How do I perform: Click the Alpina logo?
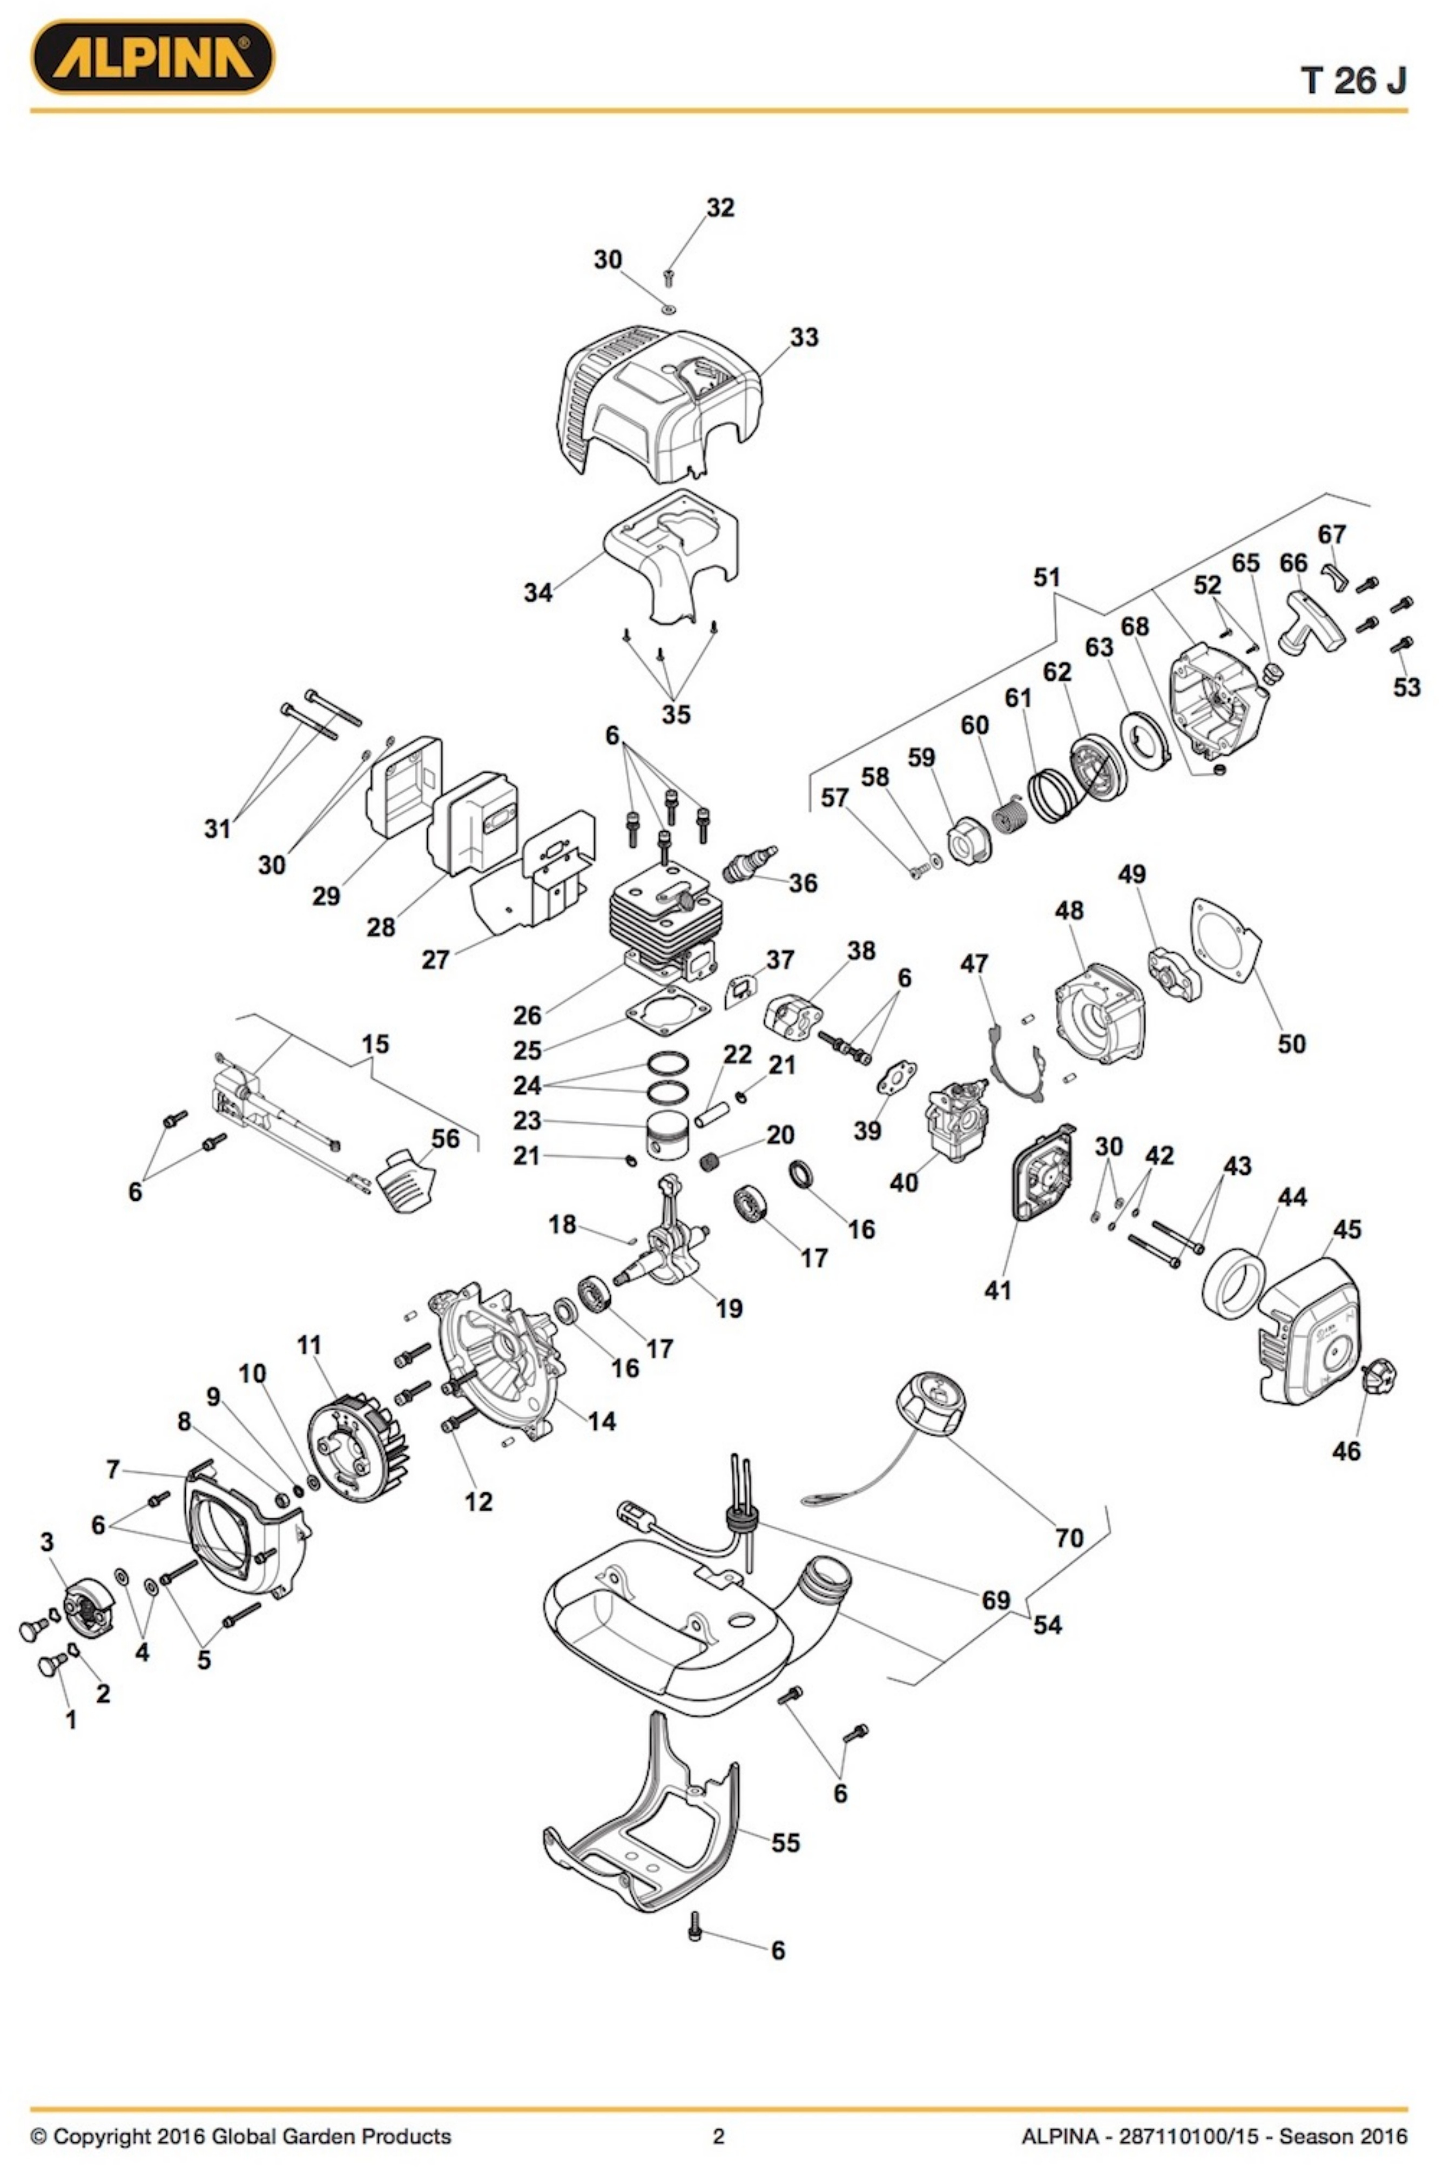coord(153,57)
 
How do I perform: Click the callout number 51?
coord(1047,578)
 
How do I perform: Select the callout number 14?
coord(601,1421)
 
